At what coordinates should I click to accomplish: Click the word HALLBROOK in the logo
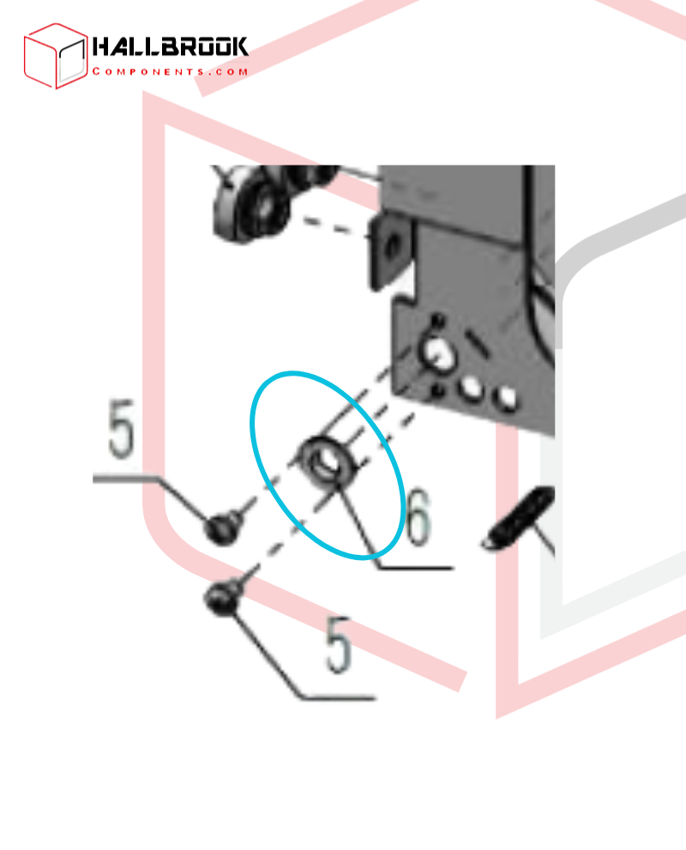click(x=170, y=46)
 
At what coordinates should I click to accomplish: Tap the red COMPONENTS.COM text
click(x=170, y=71)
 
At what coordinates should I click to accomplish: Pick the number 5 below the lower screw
click(x=339, y=644)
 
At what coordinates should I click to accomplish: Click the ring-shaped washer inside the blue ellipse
click(x=328, y=461)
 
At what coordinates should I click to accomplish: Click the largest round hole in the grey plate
click(x=439, y=353)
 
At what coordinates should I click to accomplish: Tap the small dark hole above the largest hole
click(x=438, y=321)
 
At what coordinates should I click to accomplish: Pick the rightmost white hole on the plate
click(x=507, y=398)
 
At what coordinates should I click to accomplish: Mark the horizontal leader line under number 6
click(x=416, y=568)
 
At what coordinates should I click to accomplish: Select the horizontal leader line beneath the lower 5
click(x=338, y=697)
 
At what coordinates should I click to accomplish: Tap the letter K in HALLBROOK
click(x=238, y=46)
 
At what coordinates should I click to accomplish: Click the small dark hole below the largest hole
click(x=438, y=390)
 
